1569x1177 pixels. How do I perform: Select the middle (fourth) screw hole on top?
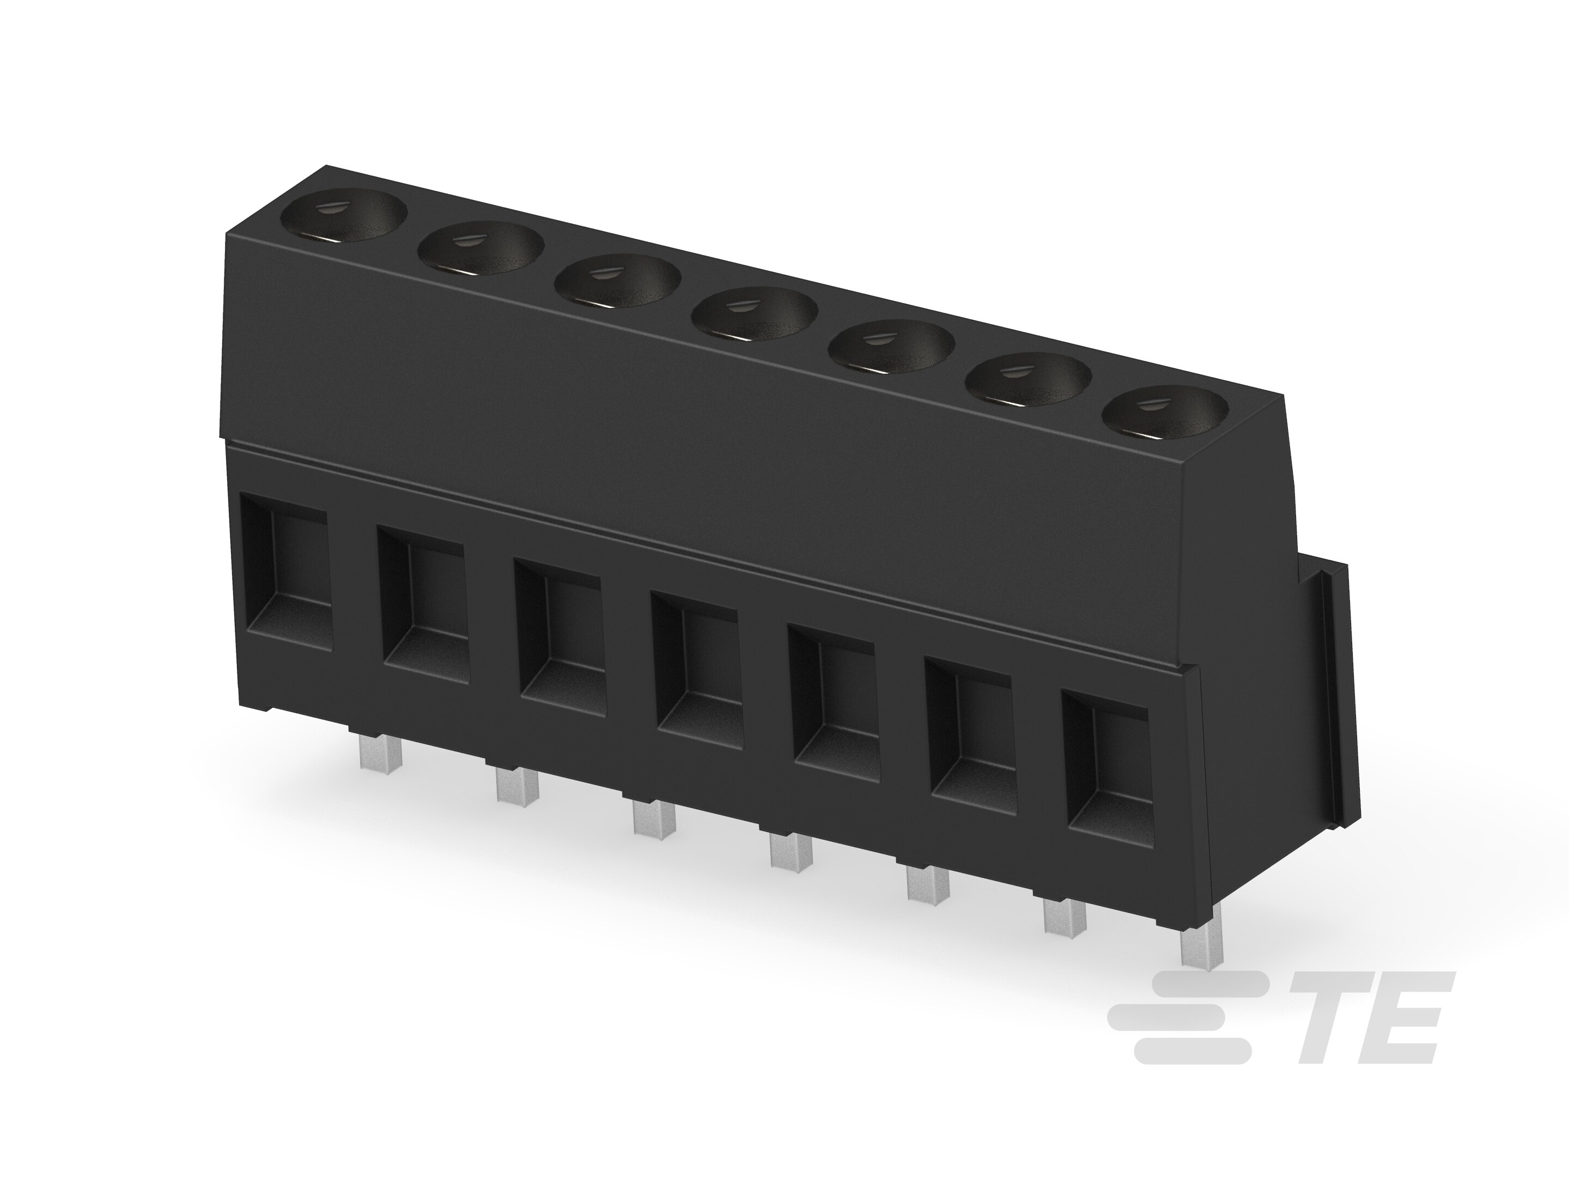point(756,313)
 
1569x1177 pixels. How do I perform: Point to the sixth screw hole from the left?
point(1029,380)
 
